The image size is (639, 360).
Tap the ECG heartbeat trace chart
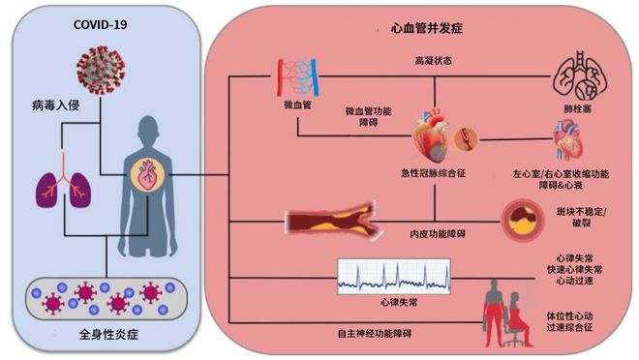[x=387, y=276]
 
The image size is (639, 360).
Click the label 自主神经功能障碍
[x=364, y=333]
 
